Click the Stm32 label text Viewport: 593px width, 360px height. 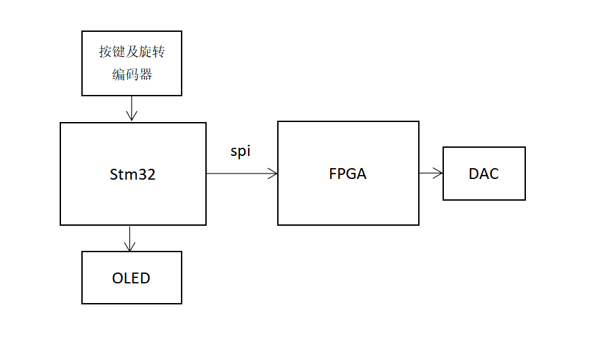click(133, 174)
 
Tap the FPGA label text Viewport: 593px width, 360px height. click(348, 174)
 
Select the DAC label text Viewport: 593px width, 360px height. click(484, 174)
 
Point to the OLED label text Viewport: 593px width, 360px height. click(131, 278)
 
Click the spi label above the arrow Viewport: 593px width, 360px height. click(241, 151)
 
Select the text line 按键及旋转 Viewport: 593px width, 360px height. click(131, 53)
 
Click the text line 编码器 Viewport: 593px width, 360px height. click(132, 75)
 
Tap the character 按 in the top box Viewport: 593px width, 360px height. click(106, 53)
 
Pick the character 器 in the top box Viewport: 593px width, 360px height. click(146, 75)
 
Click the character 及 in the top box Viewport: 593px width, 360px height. click(131, 53)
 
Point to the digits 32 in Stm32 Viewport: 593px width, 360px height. click(148, 174)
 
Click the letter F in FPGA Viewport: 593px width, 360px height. click(333, 174)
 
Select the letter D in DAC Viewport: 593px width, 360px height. click(474, 174)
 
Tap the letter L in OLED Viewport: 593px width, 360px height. click(129, 278)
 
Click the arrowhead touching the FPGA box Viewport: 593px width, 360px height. click(273, 174)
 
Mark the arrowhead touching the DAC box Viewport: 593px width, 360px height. click(438, 174)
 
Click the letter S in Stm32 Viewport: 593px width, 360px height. click(114, 174)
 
